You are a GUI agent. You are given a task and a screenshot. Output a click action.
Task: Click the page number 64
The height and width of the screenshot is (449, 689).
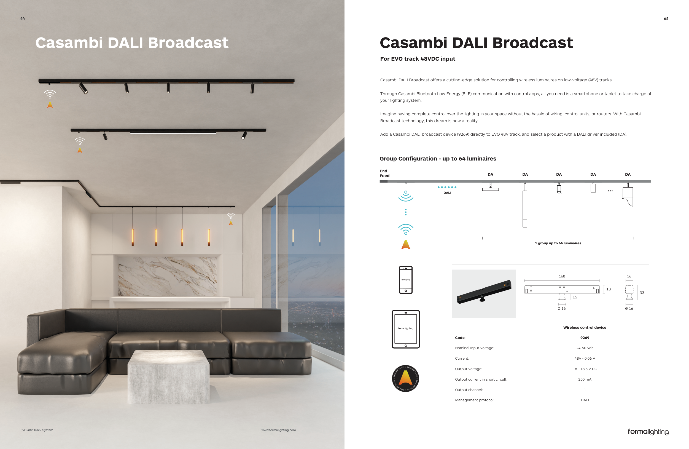(23, 18)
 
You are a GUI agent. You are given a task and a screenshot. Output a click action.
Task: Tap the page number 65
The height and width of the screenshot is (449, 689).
(666, 18)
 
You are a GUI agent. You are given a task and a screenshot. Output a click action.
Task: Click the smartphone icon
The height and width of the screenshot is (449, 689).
(406, 280)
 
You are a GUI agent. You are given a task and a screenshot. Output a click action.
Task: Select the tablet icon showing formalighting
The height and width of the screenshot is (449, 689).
(406, 329)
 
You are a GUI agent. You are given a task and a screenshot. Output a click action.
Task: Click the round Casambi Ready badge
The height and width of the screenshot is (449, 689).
(405, 378)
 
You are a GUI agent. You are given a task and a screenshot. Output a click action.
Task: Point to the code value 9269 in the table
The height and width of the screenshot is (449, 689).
(585, 338)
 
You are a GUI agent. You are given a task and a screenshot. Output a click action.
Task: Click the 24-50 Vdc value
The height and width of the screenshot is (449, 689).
(585, 348)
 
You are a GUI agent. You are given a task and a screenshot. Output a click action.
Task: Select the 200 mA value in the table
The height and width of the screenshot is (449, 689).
(585, 379)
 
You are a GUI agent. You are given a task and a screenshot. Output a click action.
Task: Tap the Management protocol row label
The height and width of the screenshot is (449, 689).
(475, 400)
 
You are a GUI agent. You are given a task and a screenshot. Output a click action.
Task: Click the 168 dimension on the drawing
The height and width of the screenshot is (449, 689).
(562, 276)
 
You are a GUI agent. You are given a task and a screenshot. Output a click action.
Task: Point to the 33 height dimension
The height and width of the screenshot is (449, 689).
(642, 293)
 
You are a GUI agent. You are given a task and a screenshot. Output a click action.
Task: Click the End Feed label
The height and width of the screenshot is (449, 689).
(384, 173)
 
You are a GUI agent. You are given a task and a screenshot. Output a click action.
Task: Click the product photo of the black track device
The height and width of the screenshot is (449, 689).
(484, 293)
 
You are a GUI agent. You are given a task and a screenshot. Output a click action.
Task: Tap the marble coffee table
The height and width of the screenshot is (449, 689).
(168, 376)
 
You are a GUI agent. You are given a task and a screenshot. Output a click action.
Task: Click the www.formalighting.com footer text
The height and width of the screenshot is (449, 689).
(279, 430)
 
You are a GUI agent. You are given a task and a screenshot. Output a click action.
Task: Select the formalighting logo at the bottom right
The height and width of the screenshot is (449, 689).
(648, 432)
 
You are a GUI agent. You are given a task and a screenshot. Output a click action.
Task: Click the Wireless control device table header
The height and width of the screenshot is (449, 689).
(585, 328)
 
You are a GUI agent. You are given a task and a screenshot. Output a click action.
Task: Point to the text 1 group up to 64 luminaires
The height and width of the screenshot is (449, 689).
(558, 243)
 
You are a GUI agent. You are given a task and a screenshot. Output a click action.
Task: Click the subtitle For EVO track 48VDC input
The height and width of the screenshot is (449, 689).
(418, 59)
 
